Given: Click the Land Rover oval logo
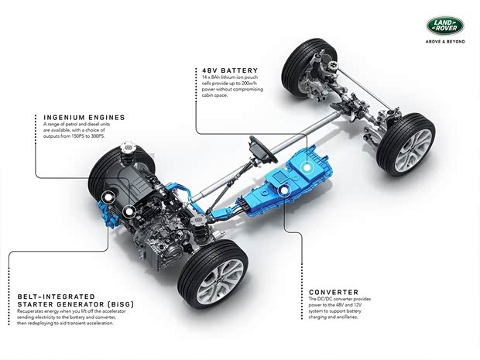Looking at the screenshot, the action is tap(445, 26).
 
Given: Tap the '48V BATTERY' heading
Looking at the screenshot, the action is tap(230, 70).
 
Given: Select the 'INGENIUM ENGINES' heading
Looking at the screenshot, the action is tap(84, 117).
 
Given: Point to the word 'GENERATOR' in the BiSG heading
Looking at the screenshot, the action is tap(81, 304).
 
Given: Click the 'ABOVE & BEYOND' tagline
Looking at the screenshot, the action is tap(445, 41).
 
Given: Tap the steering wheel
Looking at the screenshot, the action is tap(263, 149).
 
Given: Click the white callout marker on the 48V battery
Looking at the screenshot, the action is tap(307, 167).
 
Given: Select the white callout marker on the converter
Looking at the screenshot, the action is tap(284, 190).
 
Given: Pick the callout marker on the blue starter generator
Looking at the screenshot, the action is tap(108, 198).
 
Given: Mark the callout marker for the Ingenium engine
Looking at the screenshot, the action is tap(129, 211).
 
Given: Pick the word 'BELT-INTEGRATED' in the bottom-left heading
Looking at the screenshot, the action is tap(57, 297).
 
